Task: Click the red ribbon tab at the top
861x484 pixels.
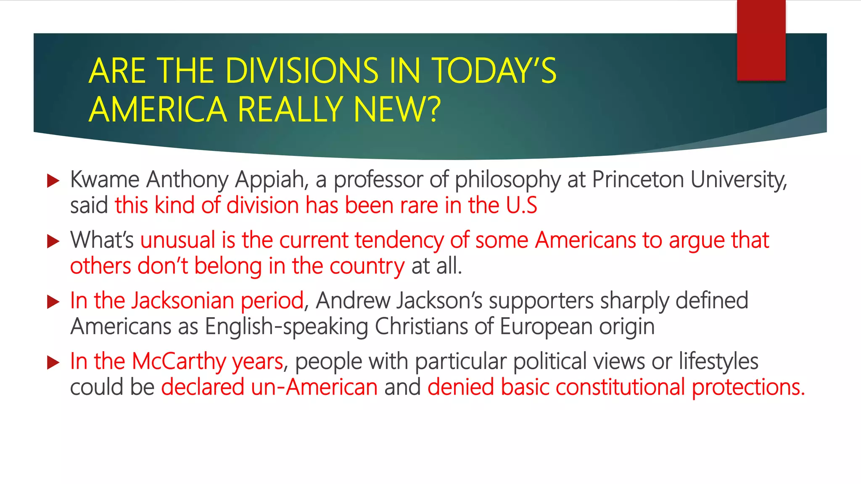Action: [761, 40]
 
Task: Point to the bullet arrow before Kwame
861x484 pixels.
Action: [53, 181]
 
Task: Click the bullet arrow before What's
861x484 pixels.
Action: [53, 242]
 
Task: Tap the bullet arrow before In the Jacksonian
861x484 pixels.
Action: [53, 302]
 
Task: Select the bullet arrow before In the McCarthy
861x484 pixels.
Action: [53, 362]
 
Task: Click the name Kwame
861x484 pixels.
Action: [105, 180]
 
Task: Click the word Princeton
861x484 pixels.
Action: [638, 180]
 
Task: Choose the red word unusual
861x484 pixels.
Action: [178, 240]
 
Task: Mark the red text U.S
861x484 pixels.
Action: [521, 205]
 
